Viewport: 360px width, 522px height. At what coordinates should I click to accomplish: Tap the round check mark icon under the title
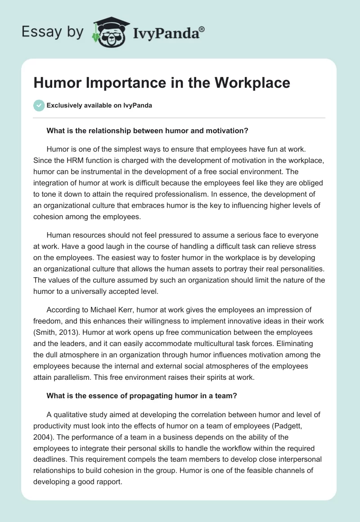coord(39,105)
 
